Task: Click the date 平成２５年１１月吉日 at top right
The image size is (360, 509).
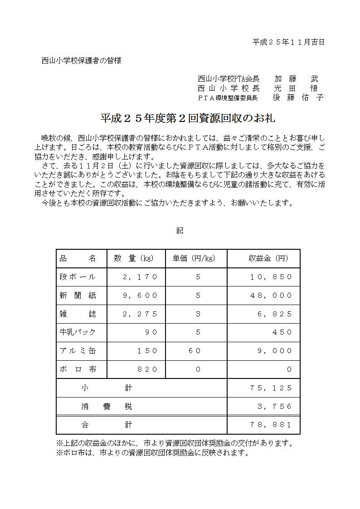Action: tap(288, 42)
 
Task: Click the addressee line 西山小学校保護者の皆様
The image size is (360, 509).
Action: tap(82, 60)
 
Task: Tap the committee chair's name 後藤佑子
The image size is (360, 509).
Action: tap(298, 97)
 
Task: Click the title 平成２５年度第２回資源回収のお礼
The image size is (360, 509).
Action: tap(187, 118)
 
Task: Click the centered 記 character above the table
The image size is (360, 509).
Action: tap(180, 231)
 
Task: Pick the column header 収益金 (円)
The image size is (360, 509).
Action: tap(268, 258)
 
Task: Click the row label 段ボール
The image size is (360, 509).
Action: tap(78, 277)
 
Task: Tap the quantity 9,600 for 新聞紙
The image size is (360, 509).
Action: tap(140, 296)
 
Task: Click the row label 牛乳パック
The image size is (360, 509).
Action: tap(78, 332)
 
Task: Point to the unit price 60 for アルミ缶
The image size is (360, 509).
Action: tap(198, 351)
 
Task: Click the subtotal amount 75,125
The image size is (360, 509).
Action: tap(271, 388)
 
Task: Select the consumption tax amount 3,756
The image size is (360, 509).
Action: tap(275, 407)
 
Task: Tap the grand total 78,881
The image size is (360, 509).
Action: tap(271, 425)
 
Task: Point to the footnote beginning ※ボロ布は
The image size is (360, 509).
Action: tap(152, 452)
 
